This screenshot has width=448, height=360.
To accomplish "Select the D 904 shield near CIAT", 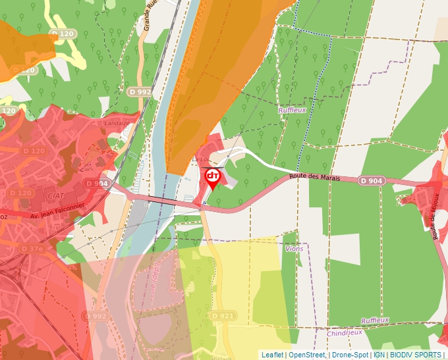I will [96, 184].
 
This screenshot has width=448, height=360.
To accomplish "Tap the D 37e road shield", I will [32, 248].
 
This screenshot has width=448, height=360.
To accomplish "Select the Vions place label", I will [294, 249].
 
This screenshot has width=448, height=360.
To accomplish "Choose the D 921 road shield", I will [223, 317].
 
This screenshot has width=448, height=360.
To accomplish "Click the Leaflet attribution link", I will [272, 355].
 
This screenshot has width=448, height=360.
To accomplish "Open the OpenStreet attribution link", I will [307, 355].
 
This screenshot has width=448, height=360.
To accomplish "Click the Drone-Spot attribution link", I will [350, 355].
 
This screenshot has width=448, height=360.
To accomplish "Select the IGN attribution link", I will [379, 355].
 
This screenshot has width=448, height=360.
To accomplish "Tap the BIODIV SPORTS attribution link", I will [415, 355].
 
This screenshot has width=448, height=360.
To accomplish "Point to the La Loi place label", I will [199, 159].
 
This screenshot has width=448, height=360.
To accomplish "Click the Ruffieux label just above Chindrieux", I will [375, 320].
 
